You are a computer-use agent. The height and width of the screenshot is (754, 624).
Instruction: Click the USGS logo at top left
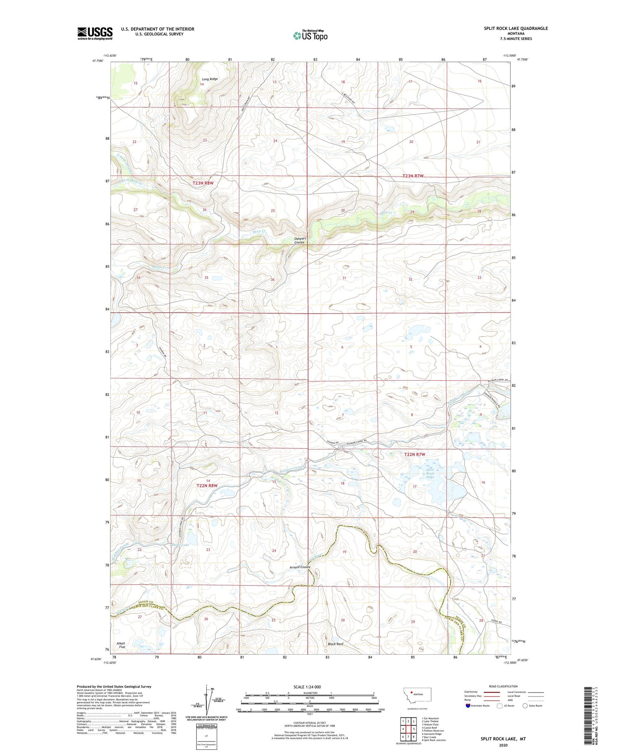pyautogui.click(x=95, y=33)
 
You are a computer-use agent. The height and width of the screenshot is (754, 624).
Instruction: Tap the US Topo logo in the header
pyautogui.click(x=310, y=35)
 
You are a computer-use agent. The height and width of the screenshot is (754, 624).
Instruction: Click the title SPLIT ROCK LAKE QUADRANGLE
pyautogui.click(x=515, y=28)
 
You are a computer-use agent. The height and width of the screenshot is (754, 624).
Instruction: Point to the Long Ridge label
pyautogui.click(x=210, y=79)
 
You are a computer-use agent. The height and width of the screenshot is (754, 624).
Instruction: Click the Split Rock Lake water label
pyautogui.click(x=430, y=473)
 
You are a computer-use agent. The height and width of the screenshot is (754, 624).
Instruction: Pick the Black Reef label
pyautogui.click(x=335, y=644)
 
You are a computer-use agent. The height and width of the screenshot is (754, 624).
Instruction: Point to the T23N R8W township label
pyautogui.click(x=203, y=183)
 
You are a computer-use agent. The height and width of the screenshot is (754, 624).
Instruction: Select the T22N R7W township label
pyautogui.click(x=415, y=455)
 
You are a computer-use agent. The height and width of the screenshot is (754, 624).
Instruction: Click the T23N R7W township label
pyautogui.click(x=413, y=176)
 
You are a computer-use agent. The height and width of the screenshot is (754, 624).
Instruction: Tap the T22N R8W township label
pyautogui.click(x=207, y=486)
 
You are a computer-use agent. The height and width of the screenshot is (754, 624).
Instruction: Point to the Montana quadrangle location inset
pyautogui.click(x=417, y=696)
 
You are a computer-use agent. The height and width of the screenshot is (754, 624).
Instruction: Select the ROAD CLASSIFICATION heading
pyautogui.click(x=503, y=686)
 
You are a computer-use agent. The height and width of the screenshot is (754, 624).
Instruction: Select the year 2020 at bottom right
pyautogui.click(x=503, y=745)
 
